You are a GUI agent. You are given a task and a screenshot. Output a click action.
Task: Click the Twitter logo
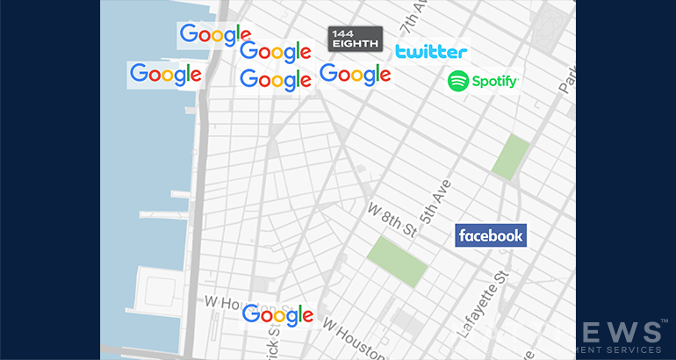tap(430, 52)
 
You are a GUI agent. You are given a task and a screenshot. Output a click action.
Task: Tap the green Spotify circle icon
tap(458, 82)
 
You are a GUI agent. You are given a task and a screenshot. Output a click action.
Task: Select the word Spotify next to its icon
tap(495, 82)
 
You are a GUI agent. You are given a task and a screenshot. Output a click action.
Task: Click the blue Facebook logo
tap(491, 235)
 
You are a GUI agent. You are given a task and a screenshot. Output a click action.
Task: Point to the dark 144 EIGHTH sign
tap(356, 39)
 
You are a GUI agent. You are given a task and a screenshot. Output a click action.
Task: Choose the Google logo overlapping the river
tap(165, 75)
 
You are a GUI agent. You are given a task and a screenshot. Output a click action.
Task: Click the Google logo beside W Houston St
tap(277, 315)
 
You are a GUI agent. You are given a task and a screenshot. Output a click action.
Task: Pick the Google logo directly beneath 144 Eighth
tap(355, 75)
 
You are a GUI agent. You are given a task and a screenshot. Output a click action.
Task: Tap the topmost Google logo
tap(214, 35)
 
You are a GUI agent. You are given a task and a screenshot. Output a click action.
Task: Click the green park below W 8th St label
tap(396, 260)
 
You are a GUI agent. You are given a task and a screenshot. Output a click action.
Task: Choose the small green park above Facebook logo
tap(509, 157)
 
